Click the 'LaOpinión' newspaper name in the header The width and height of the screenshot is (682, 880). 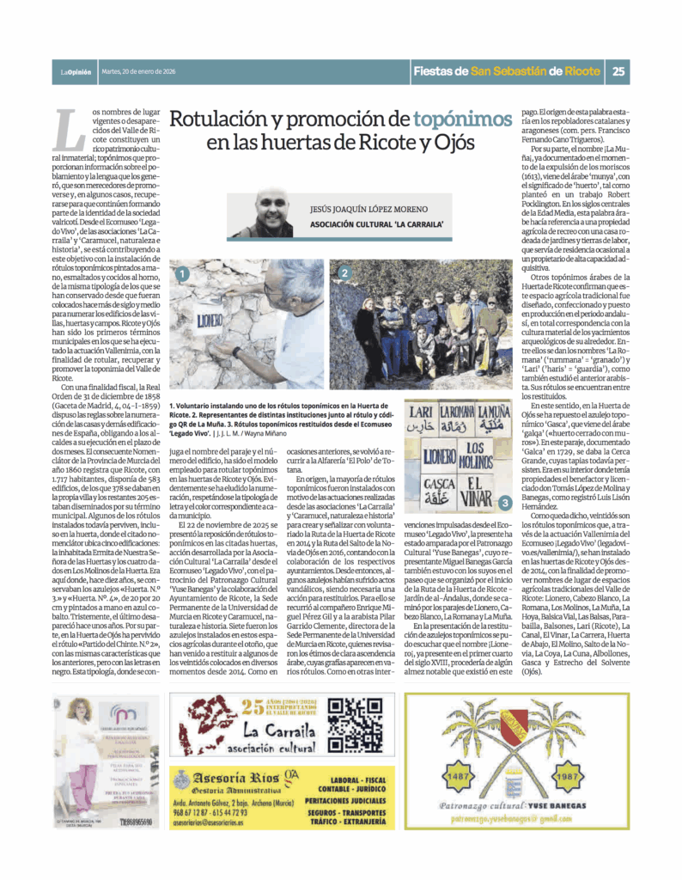(76, 72)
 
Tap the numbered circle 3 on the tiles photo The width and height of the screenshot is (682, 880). (504, 501)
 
